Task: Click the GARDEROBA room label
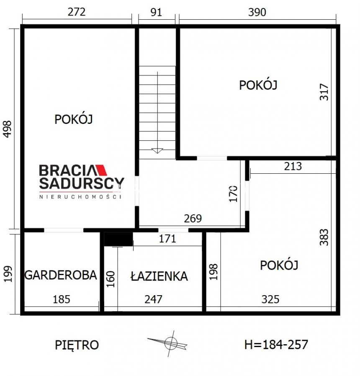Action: (61, 275)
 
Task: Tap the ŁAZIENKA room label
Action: (159, 276)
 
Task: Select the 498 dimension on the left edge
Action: (8, 129)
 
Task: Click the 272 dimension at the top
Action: (77, 12)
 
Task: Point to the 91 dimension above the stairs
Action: (156, 12)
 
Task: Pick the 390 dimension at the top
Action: (257, 12)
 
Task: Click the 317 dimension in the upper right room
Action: (324, 92)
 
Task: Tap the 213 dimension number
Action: (293, 166)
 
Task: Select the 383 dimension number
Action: (324, 237)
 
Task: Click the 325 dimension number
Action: (270, 299)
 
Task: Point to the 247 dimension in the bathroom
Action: (153, 299)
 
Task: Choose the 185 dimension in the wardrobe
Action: (62, 299)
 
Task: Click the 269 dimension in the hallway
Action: (193, 219)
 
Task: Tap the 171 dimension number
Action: (167, 239)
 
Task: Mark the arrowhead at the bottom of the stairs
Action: (157, 151)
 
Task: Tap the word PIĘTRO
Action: (77, 345)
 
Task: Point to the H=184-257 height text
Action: (276, 345)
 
